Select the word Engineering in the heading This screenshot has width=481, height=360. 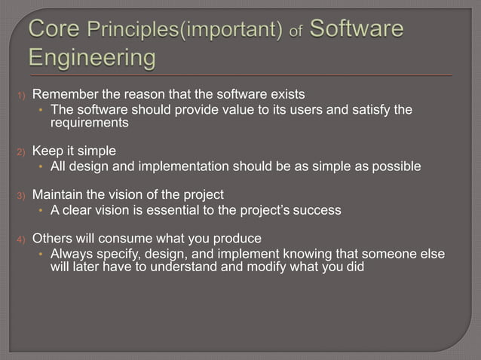point(93,57)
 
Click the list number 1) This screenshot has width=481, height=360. point(22,96)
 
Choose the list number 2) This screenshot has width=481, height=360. point(22,151)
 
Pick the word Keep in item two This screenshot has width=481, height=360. point(47,150)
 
